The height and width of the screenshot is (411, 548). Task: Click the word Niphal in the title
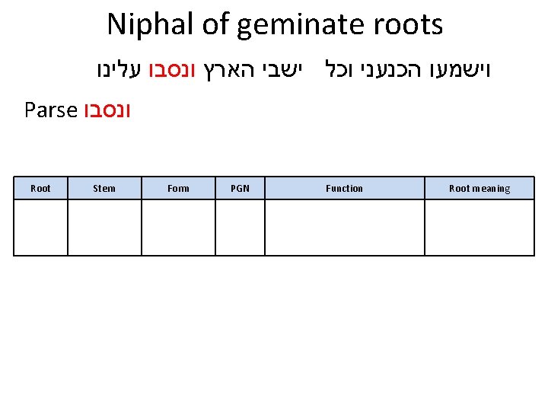click(x=151, y=24)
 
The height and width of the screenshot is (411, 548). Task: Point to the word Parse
click(x=51, y=111)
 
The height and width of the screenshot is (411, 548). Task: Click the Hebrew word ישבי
click(x=285, y=72)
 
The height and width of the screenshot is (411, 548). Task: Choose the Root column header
click(x=40, y=188)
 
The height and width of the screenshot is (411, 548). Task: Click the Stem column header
click(x=104, y=188)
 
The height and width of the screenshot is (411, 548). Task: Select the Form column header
click(x=178, y=188)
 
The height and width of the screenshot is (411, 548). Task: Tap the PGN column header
click(x=240, y=188)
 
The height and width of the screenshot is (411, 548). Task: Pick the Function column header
click(x=344, y=188)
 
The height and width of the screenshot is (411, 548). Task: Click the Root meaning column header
click(x=479, y=188)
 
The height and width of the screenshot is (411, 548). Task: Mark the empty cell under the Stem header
click(x=104, y=227)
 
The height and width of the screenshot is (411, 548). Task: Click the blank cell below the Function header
click(x=344, y=227)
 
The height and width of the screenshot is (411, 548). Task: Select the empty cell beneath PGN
click(x=240, y=227)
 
